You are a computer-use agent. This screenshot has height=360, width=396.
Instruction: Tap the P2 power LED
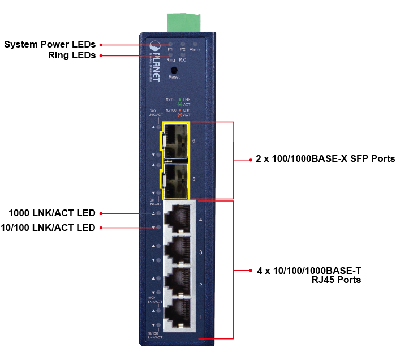click(183, 44)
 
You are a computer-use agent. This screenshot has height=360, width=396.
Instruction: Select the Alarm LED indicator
click(195, 44)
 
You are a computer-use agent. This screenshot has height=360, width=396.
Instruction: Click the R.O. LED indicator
click(183, 54)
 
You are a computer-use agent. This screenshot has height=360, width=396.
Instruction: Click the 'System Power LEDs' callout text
click(50, 44)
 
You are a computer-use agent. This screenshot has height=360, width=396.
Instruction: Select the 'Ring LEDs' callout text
click(72, 55)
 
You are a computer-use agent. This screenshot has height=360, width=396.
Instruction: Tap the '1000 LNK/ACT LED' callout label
click(52, 213)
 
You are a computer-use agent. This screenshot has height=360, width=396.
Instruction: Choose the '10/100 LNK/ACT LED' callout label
click(48, 228)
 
